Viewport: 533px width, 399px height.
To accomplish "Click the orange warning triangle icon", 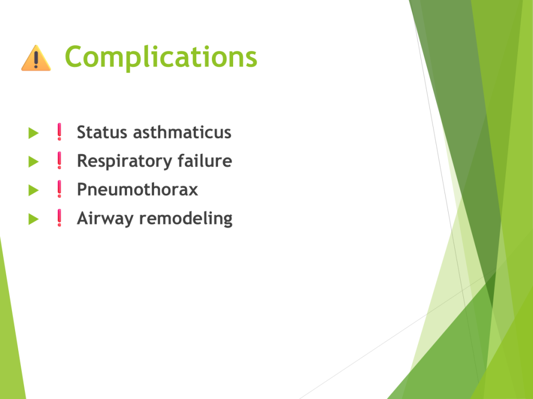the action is tap(36, 58).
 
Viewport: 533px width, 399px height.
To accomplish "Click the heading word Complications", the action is tap(161, 57).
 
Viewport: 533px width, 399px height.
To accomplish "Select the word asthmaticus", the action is tap(182, 132).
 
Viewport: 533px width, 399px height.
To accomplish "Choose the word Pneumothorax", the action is tap(137, 189).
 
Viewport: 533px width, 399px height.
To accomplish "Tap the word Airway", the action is tap(105, 219).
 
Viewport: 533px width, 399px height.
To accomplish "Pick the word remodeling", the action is tap(186, 219).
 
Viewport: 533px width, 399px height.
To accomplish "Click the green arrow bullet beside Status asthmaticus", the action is tap(33, 133).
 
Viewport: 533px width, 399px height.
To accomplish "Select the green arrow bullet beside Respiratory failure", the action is tap(33, 162).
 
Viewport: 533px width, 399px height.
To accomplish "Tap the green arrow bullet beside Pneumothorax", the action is tap(33, 190).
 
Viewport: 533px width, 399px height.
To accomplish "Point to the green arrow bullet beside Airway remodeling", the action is tap(33, 219).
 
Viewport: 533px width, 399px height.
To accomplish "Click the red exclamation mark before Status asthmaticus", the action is tap(59, 131).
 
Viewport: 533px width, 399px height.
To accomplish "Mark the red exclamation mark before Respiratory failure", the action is tap(59, 160).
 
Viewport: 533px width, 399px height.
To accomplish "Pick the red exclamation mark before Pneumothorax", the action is tap(59, 189).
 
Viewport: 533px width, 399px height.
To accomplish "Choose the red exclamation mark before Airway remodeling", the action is tap(59, 218).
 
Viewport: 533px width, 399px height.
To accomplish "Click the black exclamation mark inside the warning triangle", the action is tap(36, 60).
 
